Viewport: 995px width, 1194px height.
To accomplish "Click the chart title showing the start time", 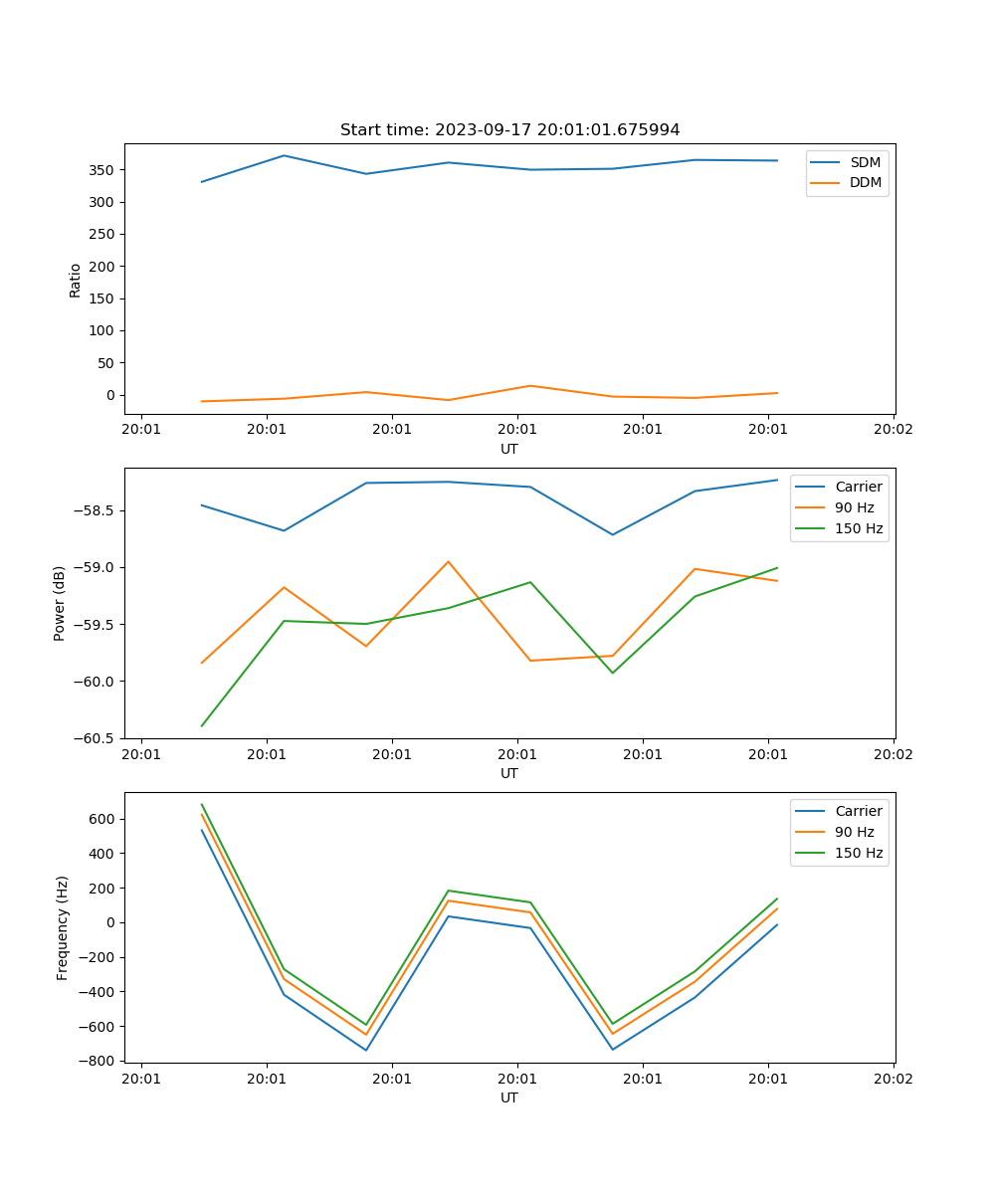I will click(x=509, y=130).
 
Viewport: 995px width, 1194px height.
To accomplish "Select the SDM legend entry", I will click(x=865, y=162).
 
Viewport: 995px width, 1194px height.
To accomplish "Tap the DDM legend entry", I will click(x=865, y=182).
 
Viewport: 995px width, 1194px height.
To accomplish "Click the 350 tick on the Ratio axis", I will click(x=102, y=170).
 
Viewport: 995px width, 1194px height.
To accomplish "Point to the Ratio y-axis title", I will click(x=76, y=280).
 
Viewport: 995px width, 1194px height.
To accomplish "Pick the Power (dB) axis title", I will click(x=60, y=603).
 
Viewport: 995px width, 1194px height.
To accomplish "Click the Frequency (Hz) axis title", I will click(x=63, y=927).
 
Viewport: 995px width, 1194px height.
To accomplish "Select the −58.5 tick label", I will click(x=97, y=511).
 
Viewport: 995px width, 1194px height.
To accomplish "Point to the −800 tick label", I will click(x=99, y=1061).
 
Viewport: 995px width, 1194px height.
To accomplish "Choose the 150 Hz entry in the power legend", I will click(x=859, y=528).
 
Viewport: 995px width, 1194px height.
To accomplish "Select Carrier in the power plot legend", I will click(x=859, y=487).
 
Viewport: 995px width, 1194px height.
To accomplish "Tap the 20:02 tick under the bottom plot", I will click(x=893, y=1078).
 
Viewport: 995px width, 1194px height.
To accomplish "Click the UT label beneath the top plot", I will click(x=509, y=449).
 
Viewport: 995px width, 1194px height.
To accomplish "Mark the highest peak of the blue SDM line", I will click(x=284, y=155).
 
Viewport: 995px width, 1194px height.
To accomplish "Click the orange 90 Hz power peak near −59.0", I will click(x=449, y=561).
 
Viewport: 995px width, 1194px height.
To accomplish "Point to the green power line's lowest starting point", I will click(x=202, y=725).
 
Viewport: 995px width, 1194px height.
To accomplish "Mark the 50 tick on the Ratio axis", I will click(x=106, y=363).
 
